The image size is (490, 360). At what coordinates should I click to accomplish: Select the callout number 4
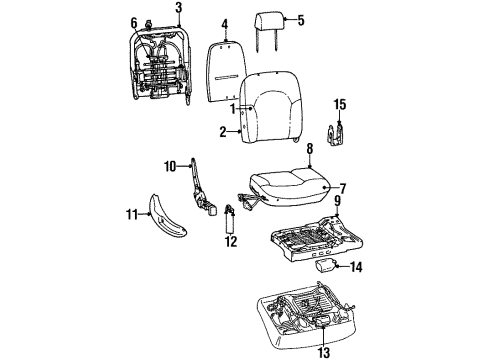225,23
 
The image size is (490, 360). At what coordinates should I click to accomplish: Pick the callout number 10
169,165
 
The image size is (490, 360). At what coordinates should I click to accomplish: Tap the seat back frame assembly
161,62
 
